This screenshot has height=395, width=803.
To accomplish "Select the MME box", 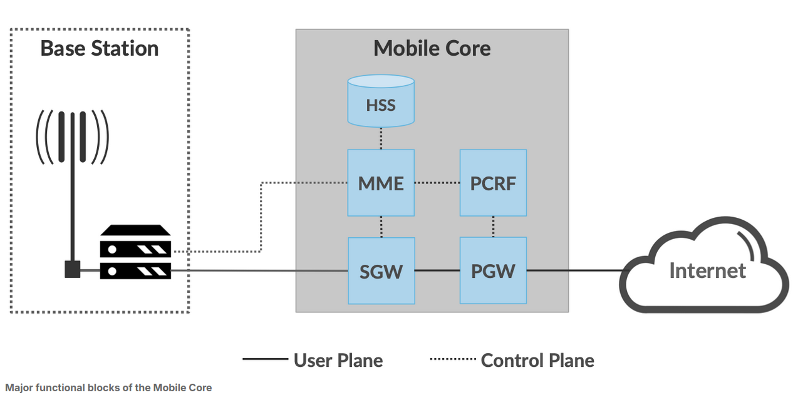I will pos(381,183).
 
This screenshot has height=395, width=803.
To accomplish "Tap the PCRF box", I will pos(493,183).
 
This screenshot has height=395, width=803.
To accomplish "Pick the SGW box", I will pos(381,270).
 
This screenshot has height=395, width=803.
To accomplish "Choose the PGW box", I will pos(493,270).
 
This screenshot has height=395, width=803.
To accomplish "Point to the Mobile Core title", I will pos(432,48).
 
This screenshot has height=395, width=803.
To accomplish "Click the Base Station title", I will pos(99,48).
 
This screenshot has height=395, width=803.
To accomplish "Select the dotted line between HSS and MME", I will pos(381,138).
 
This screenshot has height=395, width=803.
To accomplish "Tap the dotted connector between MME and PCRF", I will pos(437,183).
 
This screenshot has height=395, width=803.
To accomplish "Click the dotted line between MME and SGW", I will pos(381,227).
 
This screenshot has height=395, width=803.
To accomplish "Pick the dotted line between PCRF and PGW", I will pos(493,227).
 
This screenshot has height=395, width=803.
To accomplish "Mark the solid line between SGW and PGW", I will pos(437,270).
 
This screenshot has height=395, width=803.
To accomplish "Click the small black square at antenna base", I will pos(73,269).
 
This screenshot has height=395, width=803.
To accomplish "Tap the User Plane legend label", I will pos(338,361).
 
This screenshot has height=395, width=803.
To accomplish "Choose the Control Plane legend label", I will pos(537,361).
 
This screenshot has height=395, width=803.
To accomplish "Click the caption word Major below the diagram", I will pos(18,387).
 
